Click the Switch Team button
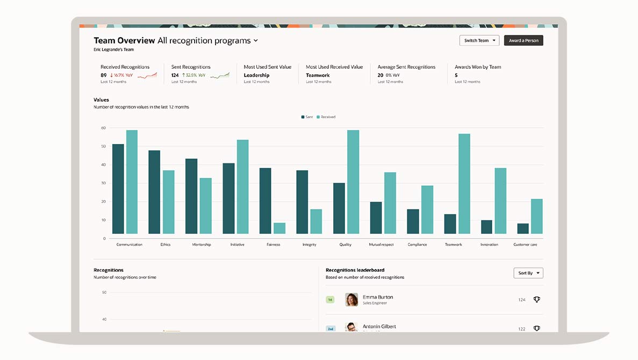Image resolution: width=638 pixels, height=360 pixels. coord(479,41)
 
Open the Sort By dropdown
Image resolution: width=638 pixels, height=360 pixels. coord(528,273)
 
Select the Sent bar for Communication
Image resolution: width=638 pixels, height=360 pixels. coord(118,189)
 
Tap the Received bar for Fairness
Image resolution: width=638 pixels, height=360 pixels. coord(279,228)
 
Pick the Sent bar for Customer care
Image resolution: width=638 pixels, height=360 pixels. coord(522,229)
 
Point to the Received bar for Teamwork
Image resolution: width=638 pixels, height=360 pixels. coord(464,184)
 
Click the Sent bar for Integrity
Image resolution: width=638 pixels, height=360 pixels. coord(302,202)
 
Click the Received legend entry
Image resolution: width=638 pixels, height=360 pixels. coord(326,117)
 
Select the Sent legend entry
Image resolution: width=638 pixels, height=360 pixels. coord(307,117)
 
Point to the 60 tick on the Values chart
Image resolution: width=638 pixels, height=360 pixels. coord(103,128)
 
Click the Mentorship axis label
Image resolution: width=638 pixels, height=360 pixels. coord(202,244)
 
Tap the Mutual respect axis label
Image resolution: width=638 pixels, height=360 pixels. coord(381,244)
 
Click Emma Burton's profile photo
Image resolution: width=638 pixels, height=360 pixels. coord(352,299)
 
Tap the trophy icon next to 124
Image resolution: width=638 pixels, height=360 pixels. coord(536,299)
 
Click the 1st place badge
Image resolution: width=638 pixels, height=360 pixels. coord(330,299)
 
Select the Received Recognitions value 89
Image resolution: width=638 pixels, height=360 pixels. coord(104,75)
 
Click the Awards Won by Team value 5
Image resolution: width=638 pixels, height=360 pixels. coord(456,75)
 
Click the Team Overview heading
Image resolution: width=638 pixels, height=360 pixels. coord(124,40)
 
